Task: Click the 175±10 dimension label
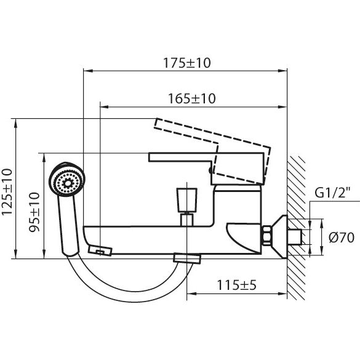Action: [x=186, y=63]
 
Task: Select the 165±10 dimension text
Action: [x=192, y=98]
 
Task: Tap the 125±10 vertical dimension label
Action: [x=7, y=192]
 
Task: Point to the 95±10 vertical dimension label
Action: [x=34, y=212]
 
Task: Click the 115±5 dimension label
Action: [x=236, y=285]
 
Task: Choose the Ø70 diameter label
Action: [x=342, y=237]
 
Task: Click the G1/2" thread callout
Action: [x=332, y=193]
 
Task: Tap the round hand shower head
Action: [x=67, y=179]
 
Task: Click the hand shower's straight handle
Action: [x=68, y=225]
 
